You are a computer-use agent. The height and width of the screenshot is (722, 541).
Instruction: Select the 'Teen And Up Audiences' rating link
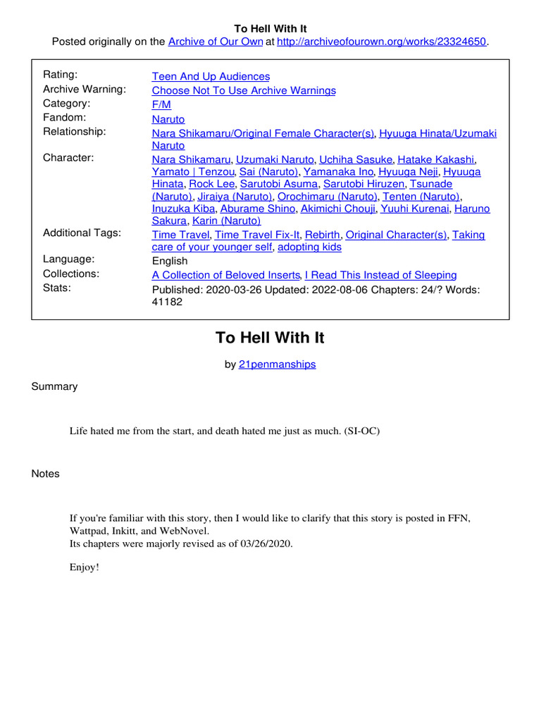pos(211,76)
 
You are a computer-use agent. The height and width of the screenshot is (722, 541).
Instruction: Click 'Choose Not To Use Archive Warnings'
pos(244,90)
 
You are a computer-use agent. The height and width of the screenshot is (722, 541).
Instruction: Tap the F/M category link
pos(161,104)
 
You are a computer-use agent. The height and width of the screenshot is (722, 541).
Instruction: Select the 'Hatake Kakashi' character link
pos(436,159)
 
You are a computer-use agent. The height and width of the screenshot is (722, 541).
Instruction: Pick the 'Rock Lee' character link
pos(211,183)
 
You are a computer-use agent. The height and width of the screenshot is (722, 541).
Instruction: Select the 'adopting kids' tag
pos(309,247)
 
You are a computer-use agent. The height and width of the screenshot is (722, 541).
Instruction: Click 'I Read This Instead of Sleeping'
pos(380,275)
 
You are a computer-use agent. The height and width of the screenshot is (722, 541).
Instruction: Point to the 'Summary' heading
pos(54,386)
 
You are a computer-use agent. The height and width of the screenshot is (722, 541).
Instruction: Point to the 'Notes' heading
pos(46,474)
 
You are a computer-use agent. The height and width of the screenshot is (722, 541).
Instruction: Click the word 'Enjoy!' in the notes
pos(85,567)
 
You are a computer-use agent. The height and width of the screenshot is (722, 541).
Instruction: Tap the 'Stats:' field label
pos(58,288)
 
